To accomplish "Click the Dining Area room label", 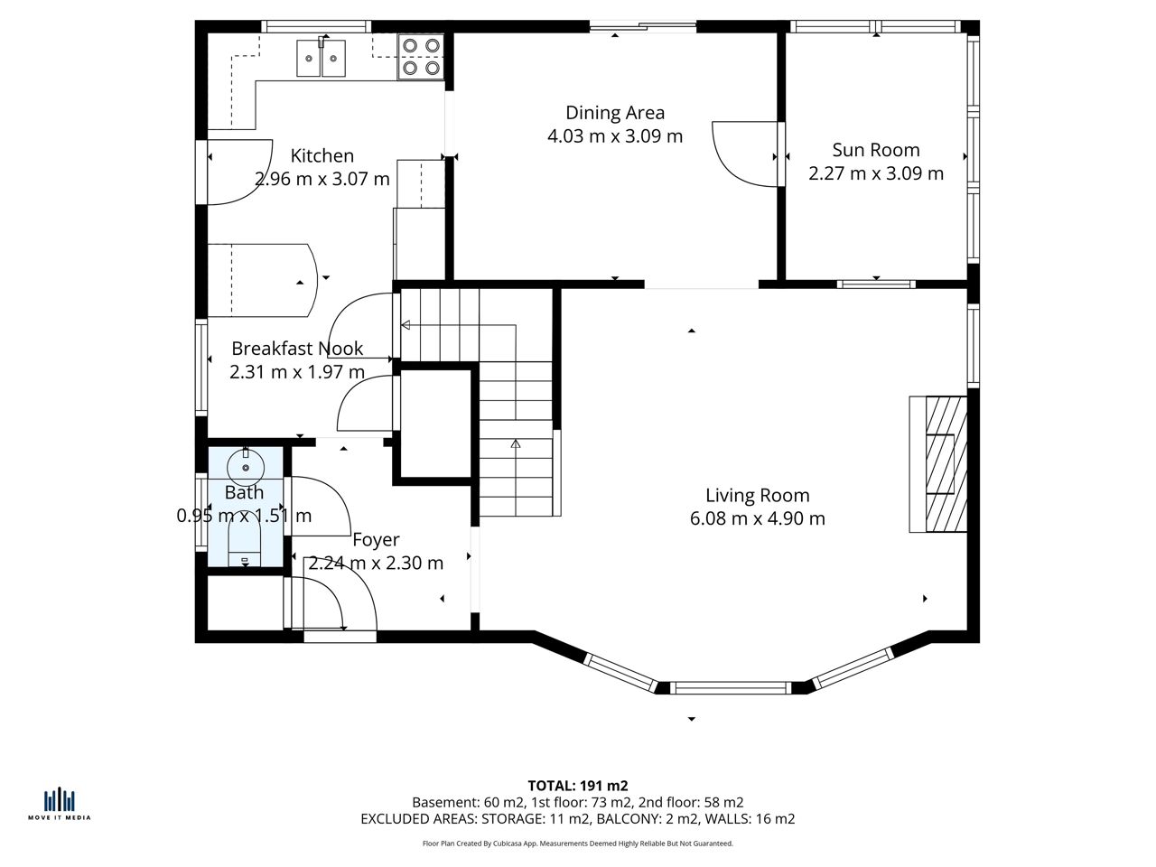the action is point(615,113).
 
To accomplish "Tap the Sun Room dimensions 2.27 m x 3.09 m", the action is point(876,173).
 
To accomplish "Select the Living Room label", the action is point(758,495).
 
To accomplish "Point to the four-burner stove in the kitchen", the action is point(421,56).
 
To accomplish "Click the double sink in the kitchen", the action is point(322,58).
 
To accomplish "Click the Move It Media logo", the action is point(59,806).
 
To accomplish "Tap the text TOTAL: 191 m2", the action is point(578,786).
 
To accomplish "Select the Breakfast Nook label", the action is point(297,349).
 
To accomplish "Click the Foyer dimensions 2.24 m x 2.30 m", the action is point(376,564).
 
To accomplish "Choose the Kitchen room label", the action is point(322,156).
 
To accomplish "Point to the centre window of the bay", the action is point(731,687).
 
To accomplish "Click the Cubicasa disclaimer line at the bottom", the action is point(578,844).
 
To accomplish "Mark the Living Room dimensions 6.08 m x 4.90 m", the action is point(758,518).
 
